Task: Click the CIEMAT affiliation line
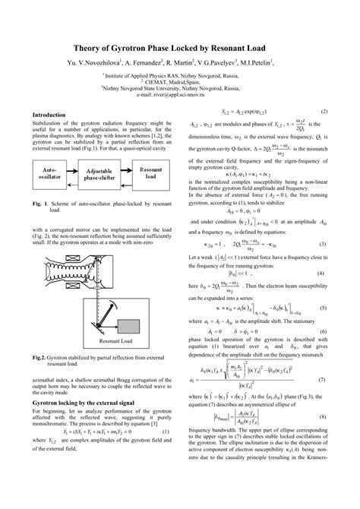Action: pyautogui.click(x=180, y=82)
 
